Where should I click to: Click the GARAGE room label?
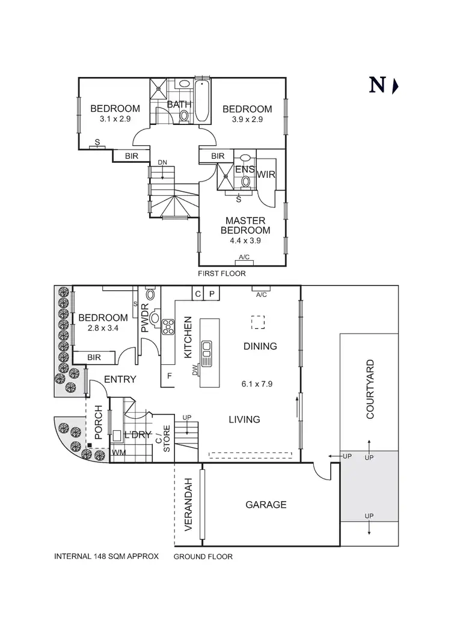click(266, 505)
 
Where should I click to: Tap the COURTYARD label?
click(370, 389)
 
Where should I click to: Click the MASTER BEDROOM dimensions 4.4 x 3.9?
click(245, 240)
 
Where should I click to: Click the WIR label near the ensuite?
click(266, 174)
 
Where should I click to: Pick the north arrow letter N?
click(377, 85)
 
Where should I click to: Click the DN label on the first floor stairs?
click(162, 163)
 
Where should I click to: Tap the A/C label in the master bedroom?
click(245, 257)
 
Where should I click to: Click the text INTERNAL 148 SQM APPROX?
click(106, 556)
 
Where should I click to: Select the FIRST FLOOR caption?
click(222, 273)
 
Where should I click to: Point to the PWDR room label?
click(145, 320)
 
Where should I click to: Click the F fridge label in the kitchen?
click(170, 376)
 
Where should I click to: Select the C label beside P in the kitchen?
click(197, 294)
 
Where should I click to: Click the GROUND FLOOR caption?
click(203, 556)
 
